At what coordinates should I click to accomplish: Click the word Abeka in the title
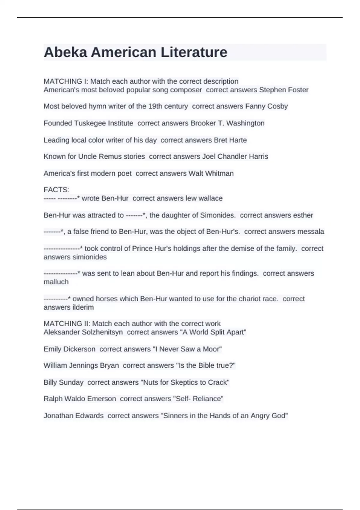(x=65, y=52)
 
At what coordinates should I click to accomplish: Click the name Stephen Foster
(x=283, y=90)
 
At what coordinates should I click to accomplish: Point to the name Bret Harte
(x=230, y=140)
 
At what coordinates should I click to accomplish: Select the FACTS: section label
(x=56, y=190)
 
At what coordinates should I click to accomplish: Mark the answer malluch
(x=56, y=282)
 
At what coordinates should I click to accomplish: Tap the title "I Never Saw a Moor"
(x=187, y=349)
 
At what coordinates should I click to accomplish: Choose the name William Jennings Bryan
(x=81, y=365)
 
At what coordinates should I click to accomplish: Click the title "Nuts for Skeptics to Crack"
(x=185, y=382)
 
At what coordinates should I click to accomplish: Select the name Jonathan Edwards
(x=73, y=415)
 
